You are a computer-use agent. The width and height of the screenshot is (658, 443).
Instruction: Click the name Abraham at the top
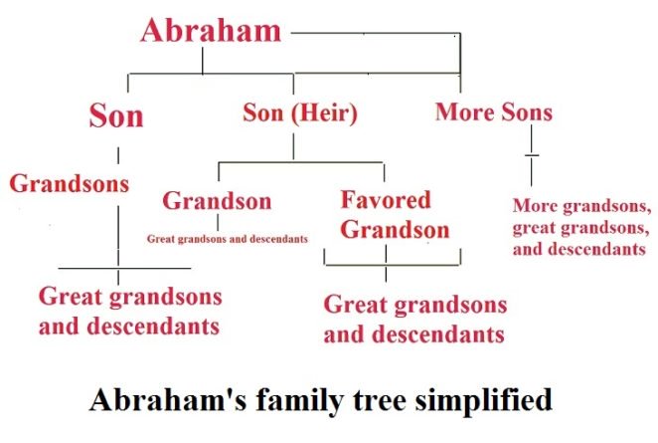coord(211,30)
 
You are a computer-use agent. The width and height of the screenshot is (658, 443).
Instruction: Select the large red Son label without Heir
coord(116,115)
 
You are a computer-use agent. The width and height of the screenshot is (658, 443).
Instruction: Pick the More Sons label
coord(493,111)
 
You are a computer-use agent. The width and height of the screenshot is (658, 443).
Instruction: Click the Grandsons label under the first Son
coord(70,183)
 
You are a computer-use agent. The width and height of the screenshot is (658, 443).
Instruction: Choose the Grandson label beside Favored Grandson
coord(217,200)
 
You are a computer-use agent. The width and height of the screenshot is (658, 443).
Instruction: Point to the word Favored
coord(386,199)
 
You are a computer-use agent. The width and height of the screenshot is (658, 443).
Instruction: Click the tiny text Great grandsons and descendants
coord(227,239)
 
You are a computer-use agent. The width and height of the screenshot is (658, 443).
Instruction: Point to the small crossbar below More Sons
coord(532,156)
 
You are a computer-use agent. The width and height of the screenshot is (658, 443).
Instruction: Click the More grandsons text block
coord(581,227)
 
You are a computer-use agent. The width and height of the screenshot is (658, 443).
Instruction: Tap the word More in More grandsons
coord(534,207)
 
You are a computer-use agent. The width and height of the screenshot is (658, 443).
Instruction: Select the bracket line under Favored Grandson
coord(393,263)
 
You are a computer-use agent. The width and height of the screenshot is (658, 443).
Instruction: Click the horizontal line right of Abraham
coord(373,33)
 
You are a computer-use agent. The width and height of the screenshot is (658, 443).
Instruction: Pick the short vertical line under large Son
coord(118,155)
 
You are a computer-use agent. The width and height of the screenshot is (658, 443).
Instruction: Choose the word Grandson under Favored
coord(396,230)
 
